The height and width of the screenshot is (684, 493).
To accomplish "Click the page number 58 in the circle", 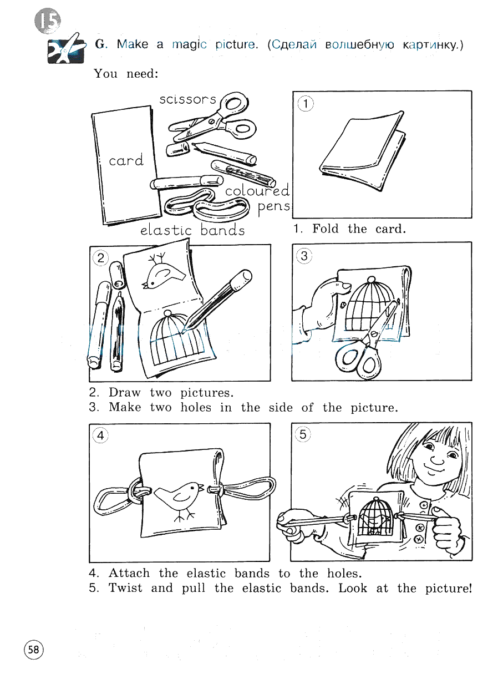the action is click(x=34, y=650).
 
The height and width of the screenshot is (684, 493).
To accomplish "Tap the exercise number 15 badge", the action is click(x=48, y=21).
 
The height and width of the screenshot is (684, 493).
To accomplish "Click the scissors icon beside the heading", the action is click(x=66, y=49).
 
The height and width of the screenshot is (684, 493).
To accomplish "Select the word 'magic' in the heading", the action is click(x=189, y=45).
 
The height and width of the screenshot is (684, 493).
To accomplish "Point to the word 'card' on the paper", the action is click(x=126, y=160).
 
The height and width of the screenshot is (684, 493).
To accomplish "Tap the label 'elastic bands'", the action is click(x=192, y=230).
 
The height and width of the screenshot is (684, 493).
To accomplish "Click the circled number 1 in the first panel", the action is click(x=306, y=104).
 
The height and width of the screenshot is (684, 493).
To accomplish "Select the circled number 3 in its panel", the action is click(x=304, y=256).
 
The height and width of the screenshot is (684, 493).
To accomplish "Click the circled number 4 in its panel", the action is click(x=101, y=435).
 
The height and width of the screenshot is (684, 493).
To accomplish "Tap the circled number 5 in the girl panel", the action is click(x=303, y=434).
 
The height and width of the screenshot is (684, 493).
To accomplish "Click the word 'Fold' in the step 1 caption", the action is click(x=326, y=229).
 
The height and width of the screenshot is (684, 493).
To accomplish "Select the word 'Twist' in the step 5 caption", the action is click(x=125, y=588).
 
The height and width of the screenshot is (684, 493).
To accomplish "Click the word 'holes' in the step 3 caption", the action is click(x=196, y=407).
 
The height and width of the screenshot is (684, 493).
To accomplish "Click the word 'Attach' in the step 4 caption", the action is click(x=129, y=573).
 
